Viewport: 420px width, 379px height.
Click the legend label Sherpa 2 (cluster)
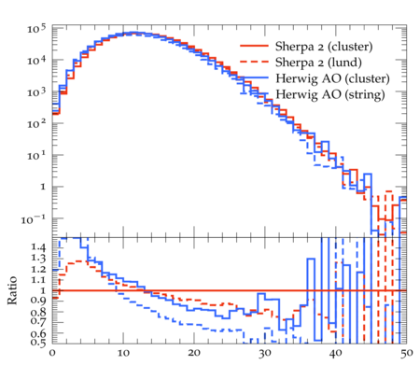[324, 47]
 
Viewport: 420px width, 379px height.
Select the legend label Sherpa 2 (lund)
[318, 63]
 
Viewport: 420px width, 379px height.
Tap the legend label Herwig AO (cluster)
[332, 78]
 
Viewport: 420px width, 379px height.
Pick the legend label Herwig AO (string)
[330, 94]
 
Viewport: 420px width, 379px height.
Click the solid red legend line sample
[254, 46]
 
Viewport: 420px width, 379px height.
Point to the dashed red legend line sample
[254, 62]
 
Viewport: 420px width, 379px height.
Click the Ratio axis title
[12, 290]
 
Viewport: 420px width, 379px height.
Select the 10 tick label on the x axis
[123, 353]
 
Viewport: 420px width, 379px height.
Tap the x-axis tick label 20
[194, 353]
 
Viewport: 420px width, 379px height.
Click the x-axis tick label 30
[265, 354]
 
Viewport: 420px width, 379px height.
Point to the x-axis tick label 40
[336, 353]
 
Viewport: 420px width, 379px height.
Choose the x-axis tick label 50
[407, 354]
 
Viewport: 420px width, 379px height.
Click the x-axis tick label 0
[52, 353]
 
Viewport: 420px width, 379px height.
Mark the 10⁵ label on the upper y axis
[36, 29]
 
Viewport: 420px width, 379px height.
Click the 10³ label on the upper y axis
[36, 92]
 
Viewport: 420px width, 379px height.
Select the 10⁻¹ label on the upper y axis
[34, 219]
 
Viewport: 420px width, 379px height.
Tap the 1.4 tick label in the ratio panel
[38, 248]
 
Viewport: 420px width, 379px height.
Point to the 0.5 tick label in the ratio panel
[38, 343]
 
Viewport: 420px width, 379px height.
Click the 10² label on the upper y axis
[36, 124]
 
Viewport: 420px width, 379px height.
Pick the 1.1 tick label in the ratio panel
[38, 280]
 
